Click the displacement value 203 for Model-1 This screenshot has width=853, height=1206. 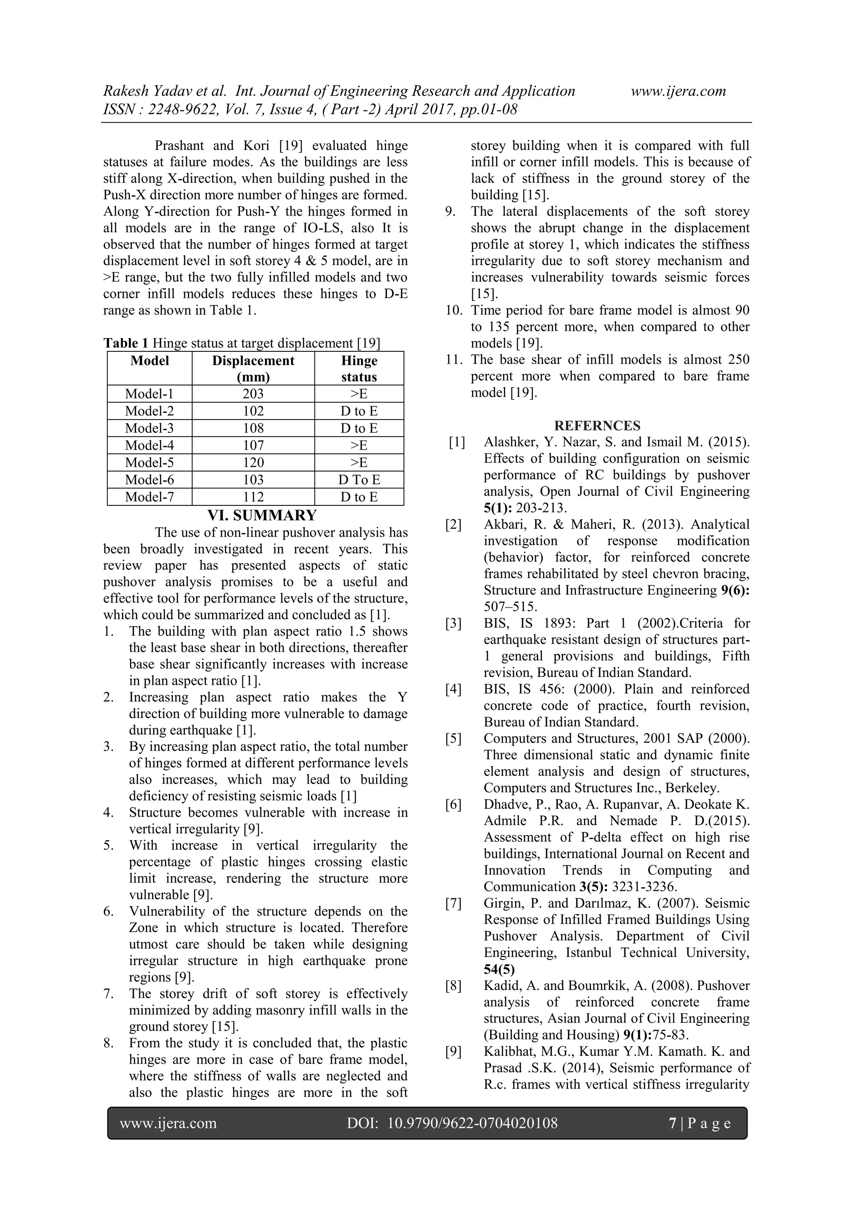253,394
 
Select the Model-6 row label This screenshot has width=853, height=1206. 149,480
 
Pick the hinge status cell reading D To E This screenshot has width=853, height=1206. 359,480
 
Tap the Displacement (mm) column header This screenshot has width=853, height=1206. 253,369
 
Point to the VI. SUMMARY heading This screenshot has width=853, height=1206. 262,515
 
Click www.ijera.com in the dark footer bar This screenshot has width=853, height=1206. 168,1124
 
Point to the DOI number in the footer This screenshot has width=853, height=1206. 472,1124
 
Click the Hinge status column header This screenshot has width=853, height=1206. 359,369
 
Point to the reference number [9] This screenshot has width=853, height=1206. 453,1052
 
